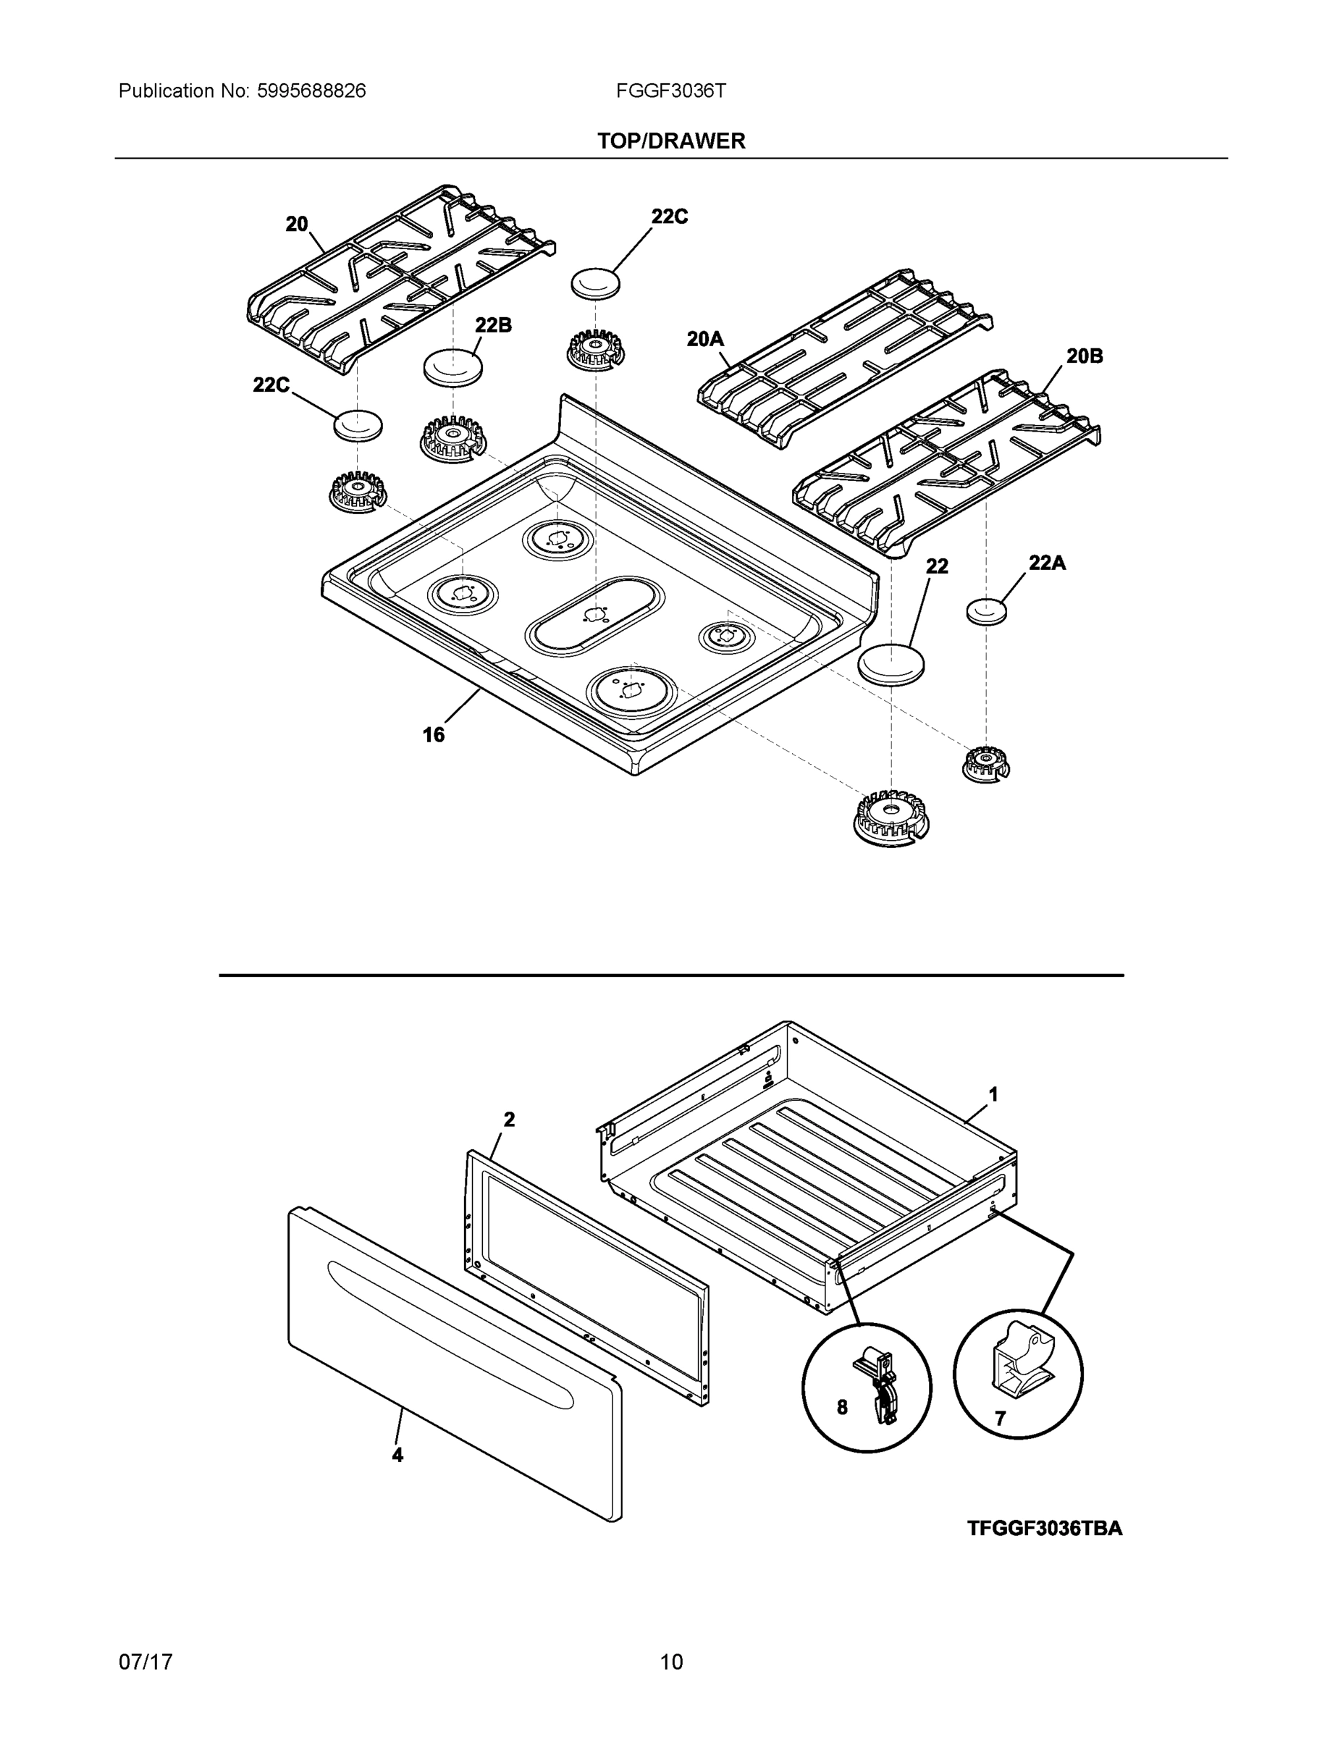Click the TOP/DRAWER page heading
(x=670, y=141)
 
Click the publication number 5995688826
(x=311, y=91)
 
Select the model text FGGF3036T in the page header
(x=670, y=91)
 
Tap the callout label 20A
(x=705, y=339)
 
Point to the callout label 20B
(x=1084, y=356)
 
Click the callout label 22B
(x=493, y=324)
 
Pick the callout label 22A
(x=1046, y=563)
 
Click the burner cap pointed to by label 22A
(x=986, y=611)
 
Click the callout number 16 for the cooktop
(x=433, y=734)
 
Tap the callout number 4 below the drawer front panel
(x=397, y=1455)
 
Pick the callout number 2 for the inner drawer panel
(x=509, y=1119)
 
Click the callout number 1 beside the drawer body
(x=993, y=1095)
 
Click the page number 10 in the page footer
(x=670, y=1662)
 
